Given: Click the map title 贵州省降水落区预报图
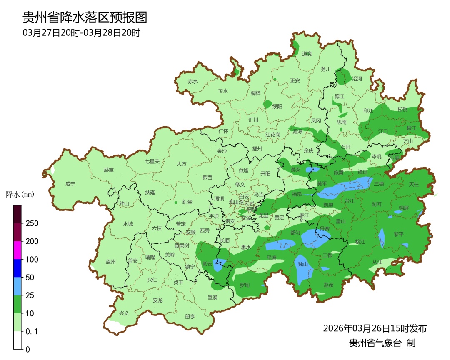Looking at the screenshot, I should pos(85,17).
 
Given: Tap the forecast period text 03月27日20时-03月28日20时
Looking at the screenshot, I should pos(81,33).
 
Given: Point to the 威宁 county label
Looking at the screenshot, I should pos(70,184).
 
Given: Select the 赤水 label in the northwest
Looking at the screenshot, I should pos(192,82).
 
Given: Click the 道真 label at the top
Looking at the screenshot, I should pos(307,54).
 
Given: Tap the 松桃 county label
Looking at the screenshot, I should pos(402,110).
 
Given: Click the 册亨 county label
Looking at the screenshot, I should pos(190,316).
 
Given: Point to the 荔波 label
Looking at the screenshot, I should pos(328,285).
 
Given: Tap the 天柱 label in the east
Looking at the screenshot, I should pos(414,184).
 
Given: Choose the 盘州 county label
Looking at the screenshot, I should pos(110,262).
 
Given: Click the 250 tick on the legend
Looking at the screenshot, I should pos(32,223).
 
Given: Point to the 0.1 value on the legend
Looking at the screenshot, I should pos(32,332).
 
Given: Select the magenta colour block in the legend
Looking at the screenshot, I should pos(17,250).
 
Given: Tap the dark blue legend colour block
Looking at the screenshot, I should pos(17,268).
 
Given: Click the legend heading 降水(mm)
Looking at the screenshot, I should pos(20,195).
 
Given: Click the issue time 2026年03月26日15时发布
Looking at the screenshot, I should pos(375,328).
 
